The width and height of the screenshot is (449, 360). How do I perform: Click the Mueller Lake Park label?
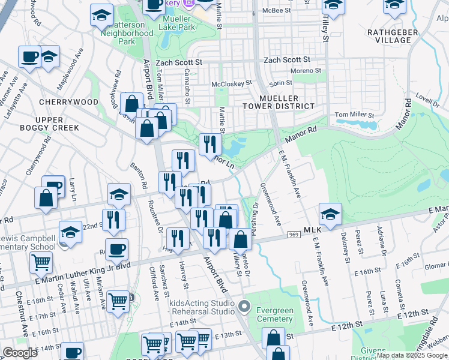click(178, 23)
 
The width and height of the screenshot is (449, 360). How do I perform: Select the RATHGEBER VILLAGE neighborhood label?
click(389, 35)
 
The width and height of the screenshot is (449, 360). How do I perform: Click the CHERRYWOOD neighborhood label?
click(68, 102)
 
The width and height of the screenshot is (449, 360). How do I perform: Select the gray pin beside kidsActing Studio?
click(244, 307)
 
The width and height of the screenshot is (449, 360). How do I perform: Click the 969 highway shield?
click(294, 234)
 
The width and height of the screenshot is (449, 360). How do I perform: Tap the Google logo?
click(20, 353)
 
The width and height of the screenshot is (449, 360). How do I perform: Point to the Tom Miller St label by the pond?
click(354, 115)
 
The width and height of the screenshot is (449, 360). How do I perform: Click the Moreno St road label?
click(307, 71)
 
